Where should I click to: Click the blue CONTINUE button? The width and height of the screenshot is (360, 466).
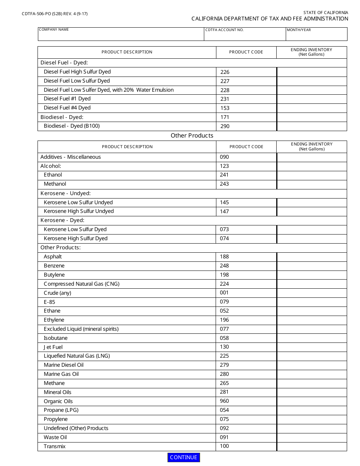pyautogui.click(x=183, y=457)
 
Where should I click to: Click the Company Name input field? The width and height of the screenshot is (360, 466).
pyautogui.click(x=121, y=36)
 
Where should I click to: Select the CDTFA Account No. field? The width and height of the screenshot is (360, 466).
pyautogui.click(x=245, y=36)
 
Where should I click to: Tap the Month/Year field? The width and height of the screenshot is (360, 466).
pyautogui.click(x=316, y=36)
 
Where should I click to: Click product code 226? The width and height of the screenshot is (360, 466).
pyautogui.click(x=225, y=72)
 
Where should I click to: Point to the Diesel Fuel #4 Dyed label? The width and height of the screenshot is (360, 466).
pyautogui.click(x=67, y=108)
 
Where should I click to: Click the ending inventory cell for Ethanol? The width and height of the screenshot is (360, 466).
pyautogui.click(x=312, y=175)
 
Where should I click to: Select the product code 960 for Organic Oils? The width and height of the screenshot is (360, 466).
pyautogui.click(x=224, y=401)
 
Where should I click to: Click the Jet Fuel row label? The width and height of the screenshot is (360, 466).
pyautogui.click(x=53, y=347)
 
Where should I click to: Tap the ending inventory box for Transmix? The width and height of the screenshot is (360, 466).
pyautogui.click(x=312, y=446)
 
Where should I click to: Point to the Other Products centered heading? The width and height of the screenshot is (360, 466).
pyautogui.click(x=192, y=136)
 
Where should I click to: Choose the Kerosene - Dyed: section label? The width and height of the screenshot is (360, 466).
pyautogui.click(x=63, y=220)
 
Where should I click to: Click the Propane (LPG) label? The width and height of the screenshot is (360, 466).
pyautogui.click(x=61, y=410)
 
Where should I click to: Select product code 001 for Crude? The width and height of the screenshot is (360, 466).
pyautogui.click(x=224, y=293)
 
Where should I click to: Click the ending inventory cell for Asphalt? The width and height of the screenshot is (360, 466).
pyautogui.click(x=312, y=257)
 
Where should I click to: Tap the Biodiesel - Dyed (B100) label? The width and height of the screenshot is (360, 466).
pyautogui.click(x=72, y=126)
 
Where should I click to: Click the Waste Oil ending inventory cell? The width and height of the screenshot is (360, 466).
pyautogui.click(x=312, y=437)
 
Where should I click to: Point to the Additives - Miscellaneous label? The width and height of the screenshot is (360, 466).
pyautogui.click(x=70, y=157)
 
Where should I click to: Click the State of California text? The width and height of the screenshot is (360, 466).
pyautogui.click(x=326, y=13)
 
